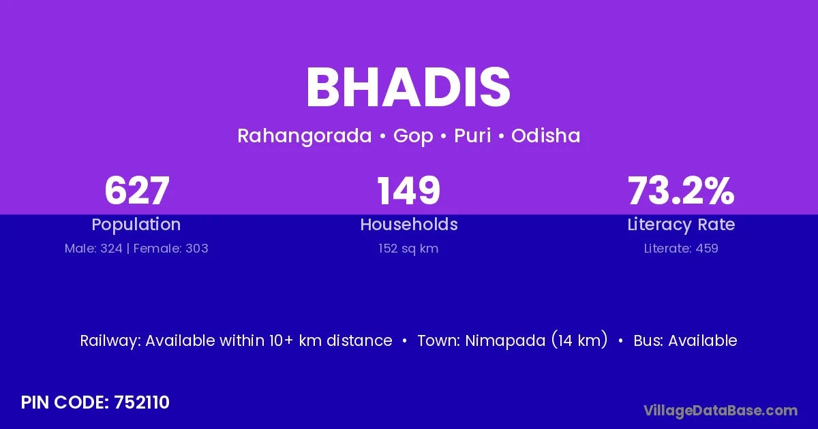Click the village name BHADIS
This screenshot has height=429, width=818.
[x=408, y=88]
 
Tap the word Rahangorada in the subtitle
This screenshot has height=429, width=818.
[x=305, y=136]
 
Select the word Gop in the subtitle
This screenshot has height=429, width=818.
[x=413, y=136]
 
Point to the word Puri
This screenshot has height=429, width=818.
[x=472, y=136]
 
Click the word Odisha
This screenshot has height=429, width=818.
[x=545, y=136]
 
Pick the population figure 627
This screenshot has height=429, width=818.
[x=137, y=191]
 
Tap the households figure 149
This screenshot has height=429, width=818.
[x=408, y=191]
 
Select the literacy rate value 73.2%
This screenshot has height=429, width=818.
[x=681, y=191]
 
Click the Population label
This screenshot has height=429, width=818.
[x=136, y=225]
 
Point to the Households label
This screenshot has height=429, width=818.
[x=409, y=224]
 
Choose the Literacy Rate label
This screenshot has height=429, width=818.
[x=681, y=225]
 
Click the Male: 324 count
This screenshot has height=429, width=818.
[x=93, y=249]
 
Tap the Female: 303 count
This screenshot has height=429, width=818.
[x=171, y=249]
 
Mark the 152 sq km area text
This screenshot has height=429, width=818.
[x=408, y=249]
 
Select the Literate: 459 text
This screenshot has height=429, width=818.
[x=681, y=249]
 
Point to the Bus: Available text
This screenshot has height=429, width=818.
[x=686, y=340]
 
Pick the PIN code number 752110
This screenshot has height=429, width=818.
[x=142, y=402]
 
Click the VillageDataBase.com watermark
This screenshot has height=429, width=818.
[x=721, y=411]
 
